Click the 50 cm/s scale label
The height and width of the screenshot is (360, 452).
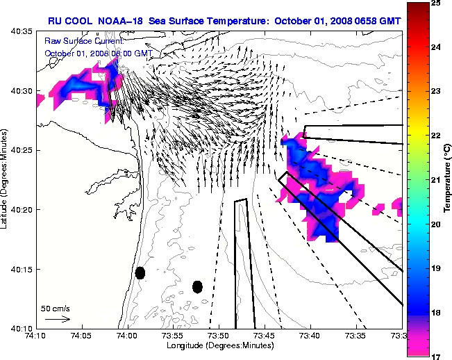pos(55,308)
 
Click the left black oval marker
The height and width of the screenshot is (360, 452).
pos(140,272)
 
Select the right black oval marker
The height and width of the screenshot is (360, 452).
pos(197,286)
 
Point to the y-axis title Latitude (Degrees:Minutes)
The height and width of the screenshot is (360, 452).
pos(6,179)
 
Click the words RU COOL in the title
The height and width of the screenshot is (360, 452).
pos(69,21)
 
